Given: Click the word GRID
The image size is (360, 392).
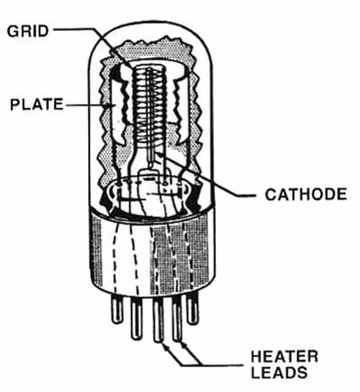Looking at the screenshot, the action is tap(28, 31).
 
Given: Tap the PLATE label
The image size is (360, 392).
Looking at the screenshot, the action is tap(37, 104).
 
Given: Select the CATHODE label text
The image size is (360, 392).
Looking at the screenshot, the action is tap(306, 194).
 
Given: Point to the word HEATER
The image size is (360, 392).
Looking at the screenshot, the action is tap(284, 357).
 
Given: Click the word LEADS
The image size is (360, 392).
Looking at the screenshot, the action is tap(279, 372).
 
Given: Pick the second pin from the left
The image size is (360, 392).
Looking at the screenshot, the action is tap(137, 318).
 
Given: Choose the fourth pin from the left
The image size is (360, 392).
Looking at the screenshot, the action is tap(177, 319).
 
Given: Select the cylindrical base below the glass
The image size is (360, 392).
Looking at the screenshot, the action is tap(152, 254).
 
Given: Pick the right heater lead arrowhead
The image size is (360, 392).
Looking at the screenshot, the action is tap(183, 345).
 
